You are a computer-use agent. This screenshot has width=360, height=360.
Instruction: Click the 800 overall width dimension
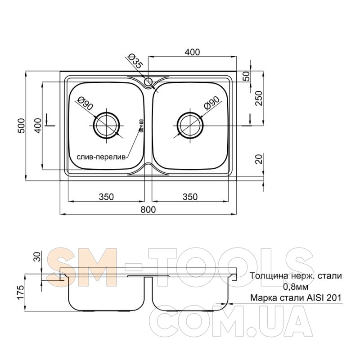(148, 209)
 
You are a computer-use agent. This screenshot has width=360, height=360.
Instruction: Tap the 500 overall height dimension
(21, 126)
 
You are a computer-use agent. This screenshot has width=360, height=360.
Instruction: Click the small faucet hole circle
(148, 81)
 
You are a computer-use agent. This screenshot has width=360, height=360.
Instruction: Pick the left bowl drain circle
(106, 126)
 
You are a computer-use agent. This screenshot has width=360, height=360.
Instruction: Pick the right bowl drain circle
(190, 126)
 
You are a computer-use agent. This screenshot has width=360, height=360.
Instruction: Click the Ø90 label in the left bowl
(85, 103)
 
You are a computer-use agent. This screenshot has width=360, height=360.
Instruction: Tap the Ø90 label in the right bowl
(211, 103)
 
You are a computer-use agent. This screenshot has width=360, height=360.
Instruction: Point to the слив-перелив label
(101, 157)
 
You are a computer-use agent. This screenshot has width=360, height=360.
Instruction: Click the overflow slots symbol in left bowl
(141, 126)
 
